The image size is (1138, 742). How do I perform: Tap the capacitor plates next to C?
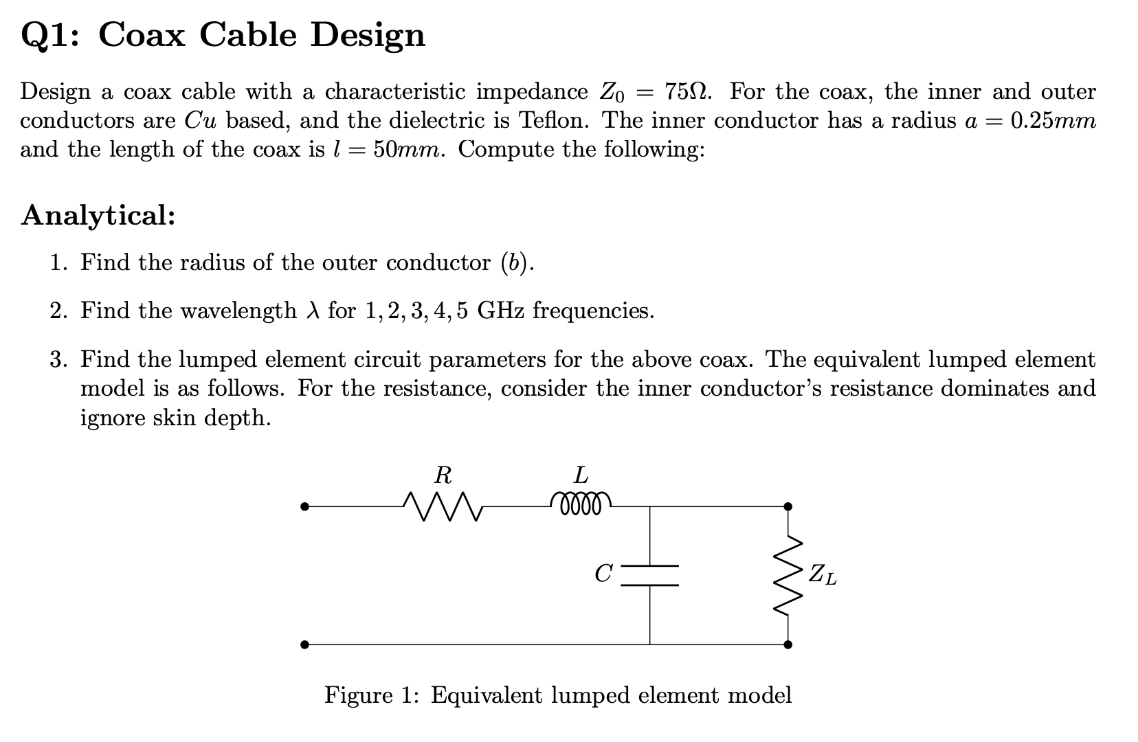tap(650, 576)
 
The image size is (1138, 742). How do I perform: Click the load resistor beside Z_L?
tap(788, 576)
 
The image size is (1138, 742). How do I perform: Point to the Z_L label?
tap(822, 574)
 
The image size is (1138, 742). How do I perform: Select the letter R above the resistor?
tap(443, 475)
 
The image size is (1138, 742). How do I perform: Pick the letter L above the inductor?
tap(581, 475)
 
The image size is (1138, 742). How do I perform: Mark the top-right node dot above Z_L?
tap(788, 507)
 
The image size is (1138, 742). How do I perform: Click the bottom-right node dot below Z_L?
tap(788, 644)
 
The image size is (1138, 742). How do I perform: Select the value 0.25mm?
tap(1053, 121)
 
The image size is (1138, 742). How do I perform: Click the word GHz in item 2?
tap(501, 311)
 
